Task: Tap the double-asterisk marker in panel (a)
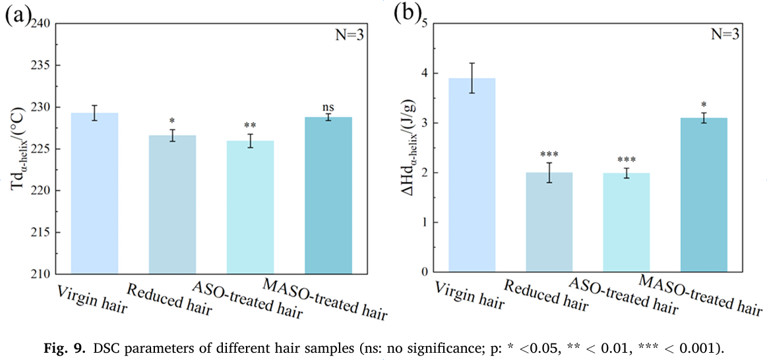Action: (x=250, y=126)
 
